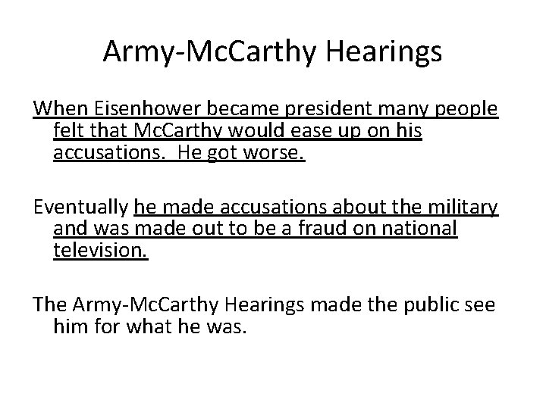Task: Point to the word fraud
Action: [320, 228]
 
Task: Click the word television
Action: [100, 251]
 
